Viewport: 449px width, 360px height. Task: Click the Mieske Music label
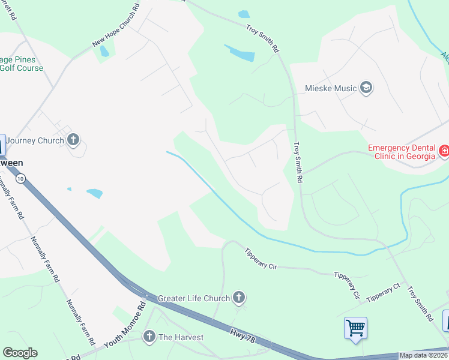pos(331,89)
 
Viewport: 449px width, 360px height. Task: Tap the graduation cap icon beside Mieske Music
pos(366,89)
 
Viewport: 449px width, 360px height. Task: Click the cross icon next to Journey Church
pos(73,140)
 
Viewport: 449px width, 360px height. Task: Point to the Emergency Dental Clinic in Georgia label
pos(401,152)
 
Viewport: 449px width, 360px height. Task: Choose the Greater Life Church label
pos(194,298)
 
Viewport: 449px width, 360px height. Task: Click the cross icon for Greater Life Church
pos(239,298)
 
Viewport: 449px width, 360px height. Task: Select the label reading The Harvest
pos(181,337)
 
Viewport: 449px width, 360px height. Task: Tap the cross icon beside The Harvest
pos(149,337)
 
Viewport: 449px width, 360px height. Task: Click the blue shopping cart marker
pos(355,328)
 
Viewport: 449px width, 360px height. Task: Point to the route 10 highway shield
pos(21,179)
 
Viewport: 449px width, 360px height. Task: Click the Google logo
pos(20,353)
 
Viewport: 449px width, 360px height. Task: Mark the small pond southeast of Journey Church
pos(94,193)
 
